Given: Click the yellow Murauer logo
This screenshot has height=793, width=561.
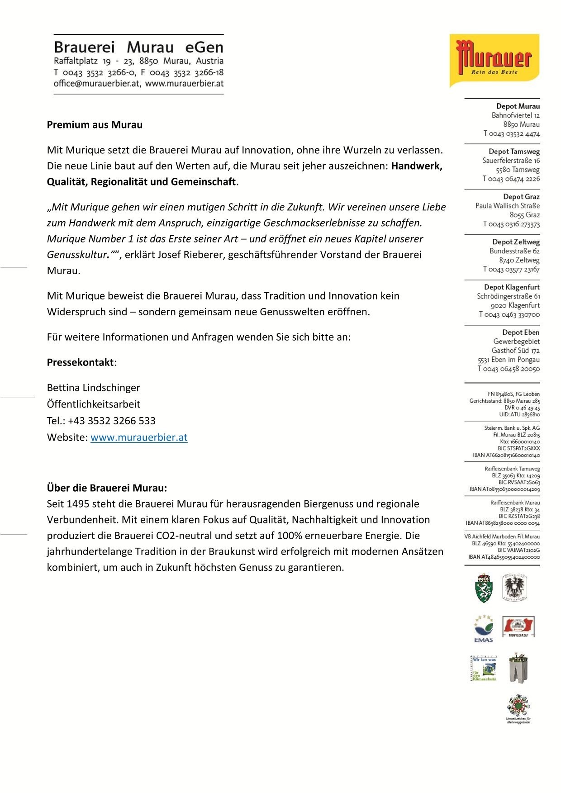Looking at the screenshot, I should pos(494,60).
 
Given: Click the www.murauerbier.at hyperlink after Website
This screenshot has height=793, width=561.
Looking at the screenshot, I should pos(139,437).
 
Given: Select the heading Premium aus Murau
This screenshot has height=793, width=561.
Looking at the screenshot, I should pos(95,125).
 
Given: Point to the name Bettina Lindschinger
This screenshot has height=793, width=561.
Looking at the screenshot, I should pos(93,388).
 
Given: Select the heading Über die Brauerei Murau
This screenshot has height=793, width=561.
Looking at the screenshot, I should pos(107,488).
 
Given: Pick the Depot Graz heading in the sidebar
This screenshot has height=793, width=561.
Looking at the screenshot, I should pos(521,197).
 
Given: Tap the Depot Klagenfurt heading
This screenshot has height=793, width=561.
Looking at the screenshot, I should pos(512,287).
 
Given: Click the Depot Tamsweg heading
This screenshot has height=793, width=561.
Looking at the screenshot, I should pos(514,152).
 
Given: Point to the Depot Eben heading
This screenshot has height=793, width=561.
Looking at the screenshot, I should pos(521,332).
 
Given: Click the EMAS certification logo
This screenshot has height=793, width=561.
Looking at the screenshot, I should pos(484,628).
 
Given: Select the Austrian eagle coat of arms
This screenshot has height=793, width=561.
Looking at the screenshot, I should pos(515,588).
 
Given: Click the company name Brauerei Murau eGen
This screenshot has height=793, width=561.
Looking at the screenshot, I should pos(138,47).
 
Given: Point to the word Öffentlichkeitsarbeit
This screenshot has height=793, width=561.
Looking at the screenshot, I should pos(93,404).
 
